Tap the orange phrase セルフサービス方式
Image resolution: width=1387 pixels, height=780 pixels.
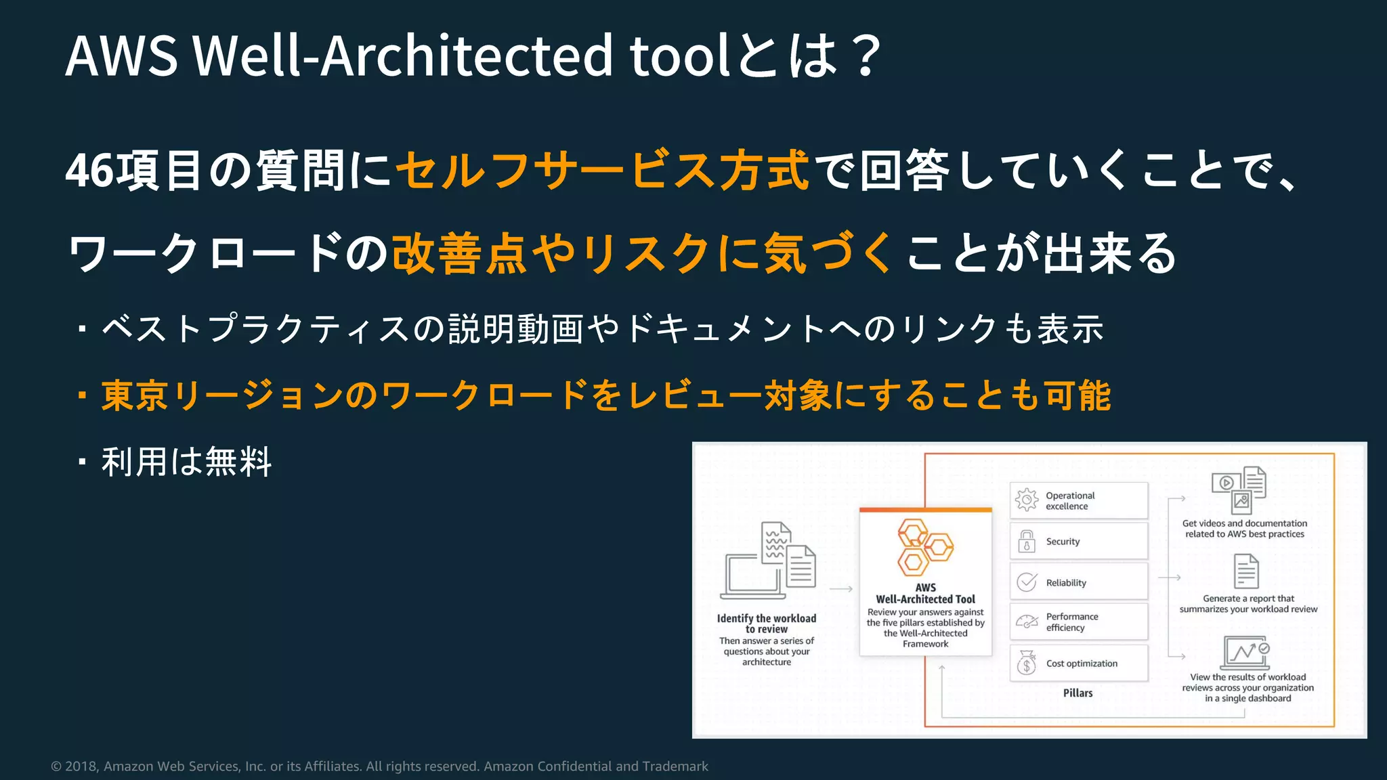point(602,170)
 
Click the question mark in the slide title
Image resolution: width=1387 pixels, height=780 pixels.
point(866,56)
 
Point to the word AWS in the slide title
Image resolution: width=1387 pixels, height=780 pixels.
point(122,56)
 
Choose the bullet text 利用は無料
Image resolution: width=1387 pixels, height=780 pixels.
point(186,462)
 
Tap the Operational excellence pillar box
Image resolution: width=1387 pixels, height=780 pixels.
point(1078,500)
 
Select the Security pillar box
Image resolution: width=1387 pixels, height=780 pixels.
point(1078,541)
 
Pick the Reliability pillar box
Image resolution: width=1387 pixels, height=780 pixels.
point(1078,582)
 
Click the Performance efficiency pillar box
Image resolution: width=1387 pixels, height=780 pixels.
point(1078,622)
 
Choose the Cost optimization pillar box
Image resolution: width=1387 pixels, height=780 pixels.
point(1078,663)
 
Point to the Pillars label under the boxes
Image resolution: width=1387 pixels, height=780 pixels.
point(1077,693)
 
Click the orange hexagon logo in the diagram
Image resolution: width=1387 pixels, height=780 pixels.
point(924,547)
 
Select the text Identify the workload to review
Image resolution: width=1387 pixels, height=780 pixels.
point(767,624)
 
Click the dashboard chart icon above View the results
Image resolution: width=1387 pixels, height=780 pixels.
point(1245,653)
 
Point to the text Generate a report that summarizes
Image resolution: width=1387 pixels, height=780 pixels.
point(1248,604)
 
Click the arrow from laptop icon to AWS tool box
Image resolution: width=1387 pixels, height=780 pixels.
point(840,589)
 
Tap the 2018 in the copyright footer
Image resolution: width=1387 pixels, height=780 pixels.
point(81,766)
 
